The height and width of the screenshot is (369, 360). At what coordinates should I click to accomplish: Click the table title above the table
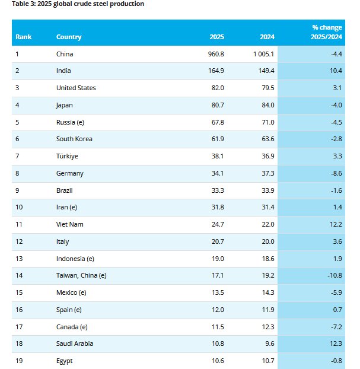point(78,4)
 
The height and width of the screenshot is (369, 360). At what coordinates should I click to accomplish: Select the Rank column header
point(24,37)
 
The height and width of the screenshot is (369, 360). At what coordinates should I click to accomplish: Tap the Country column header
point(69,37)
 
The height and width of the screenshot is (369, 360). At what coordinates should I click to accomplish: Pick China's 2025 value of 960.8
point(216,54)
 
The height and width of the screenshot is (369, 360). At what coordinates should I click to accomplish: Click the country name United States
point(76,88)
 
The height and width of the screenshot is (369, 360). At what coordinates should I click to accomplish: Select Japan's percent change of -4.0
point(336,105)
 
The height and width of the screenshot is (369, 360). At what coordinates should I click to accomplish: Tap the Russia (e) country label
point(70,122)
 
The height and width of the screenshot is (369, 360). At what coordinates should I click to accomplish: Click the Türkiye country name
point(67,156)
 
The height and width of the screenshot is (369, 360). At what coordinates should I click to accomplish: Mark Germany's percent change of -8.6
point(336,173)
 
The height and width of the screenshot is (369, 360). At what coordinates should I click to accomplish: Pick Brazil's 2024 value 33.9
point(267,190)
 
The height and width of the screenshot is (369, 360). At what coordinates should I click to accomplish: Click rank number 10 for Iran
point(19,207)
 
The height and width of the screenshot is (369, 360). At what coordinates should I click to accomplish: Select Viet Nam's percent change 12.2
point(335,224)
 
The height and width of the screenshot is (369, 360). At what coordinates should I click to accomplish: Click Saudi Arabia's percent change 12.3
point(335,343)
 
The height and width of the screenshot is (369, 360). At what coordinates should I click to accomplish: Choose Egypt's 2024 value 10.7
point(267,361)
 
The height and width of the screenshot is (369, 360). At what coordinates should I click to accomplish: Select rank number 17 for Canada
point(19,326)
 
